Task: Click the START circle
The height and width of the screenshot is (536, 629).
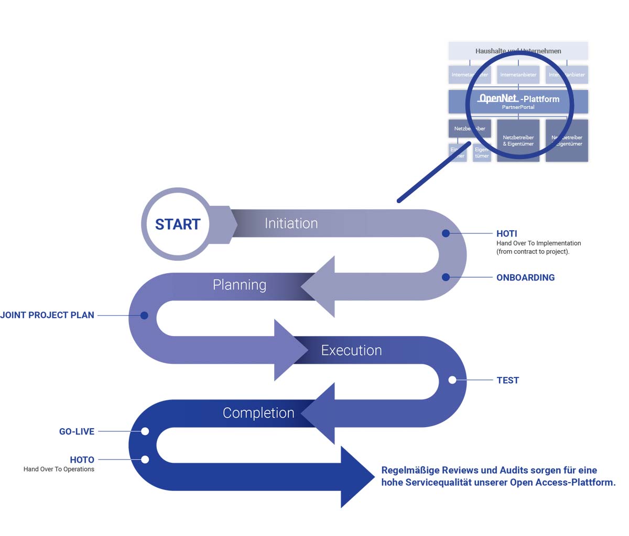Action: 177,224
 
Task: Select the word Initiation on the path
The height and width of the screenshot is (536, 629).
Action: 291,224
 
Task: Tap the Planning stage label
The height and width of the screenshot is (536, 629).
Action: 240,285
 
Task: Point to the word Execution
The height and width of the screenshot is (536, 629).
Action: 351,350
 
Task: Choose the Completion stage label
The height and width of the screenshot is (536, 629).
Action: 258,413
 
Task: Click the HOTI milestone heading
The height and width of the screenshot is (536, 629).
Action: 506,233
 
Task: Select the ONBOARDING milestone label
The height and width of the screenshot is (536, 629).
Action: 525,277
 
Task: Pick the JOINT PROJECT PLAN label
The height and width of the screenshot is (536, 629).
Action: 47,315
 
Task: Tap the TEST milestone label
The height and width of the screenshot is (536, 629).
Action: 507,381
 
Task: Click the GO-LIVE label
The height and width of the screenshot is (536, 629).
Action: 77,432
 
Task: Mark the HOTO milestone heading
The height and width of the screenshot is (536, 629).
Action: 82,460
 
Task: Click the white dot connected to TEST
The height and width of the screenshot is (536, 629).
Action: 452,380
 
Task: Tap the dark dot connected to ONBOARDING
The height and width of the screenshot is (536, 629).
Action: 446,277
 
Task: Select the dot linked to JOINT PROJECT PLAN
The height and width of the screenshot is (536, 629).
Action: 145,316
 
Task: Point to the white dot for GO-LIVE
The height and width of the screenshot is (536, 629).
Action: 145,431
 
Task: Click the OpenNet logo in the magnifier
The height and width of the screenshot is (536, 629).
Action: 498,98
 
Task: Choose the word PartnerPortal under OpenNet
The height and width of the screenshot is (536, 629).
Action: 518,107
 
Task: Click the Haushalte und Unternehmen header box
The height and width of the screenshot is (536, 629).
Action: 518,51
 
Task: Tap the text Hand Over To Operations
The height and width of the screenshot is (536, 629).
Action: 59,470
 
